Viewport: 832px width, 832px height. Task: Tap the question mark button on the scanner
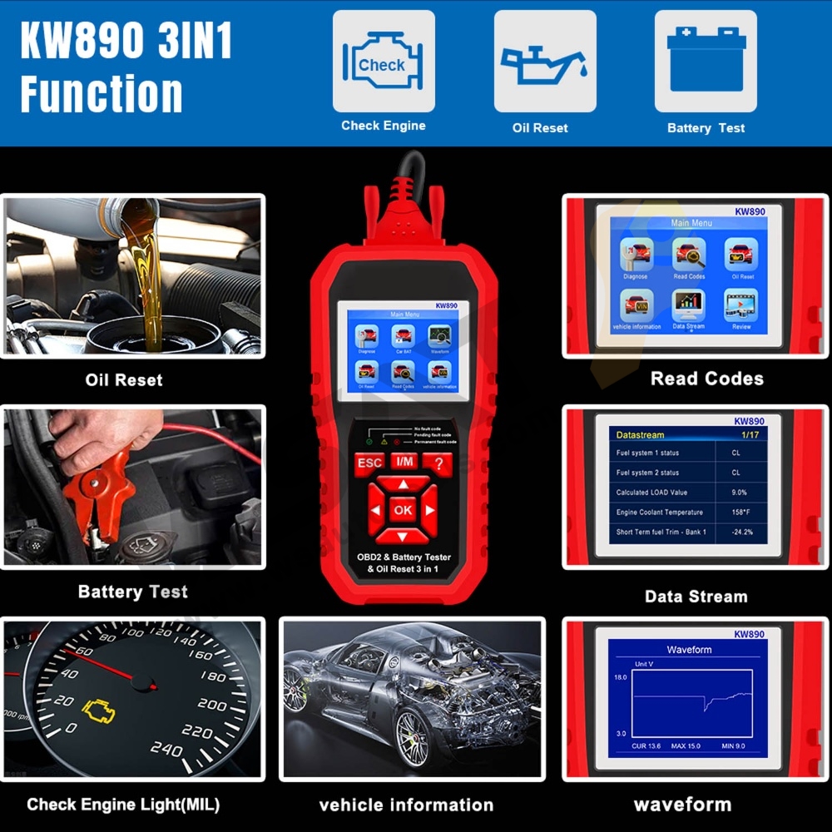coord(437,463)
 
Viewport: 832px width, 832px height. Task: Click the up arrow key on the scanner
coord(404,484)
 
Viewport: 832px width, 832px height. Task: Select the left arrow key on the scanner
coord(375,510)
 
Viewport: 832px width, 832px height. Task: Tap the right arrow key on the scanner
coord(430,510)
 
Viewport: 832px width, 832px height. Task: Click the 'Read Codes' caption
coord(706,379)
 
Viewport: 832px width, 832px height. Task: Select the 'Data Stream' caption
coord(696,597)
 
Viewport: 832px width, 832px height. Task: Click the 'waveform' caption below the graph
coord(682,805)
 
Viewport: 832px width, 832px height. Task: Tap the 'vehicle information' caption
coord(406,805)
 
